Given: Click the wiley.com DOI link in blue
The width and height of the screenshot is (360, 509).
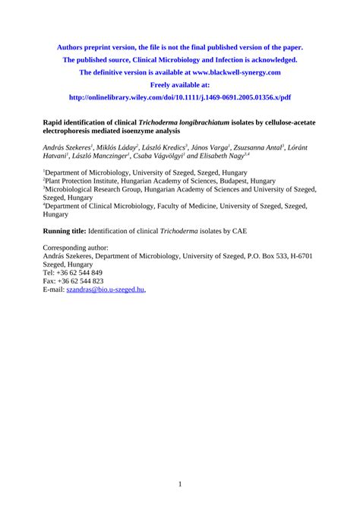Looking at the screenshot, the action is (180, 98).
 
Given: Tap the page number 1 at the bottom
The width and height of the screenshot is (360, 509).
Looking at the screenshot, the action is (180, 484).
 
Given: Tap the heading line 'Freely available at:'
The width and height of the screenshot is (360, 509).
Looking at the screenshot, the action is (180, 85).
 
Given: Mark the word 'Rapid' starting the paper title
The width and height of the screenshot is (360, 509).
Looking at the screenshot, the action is (55, 121).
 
